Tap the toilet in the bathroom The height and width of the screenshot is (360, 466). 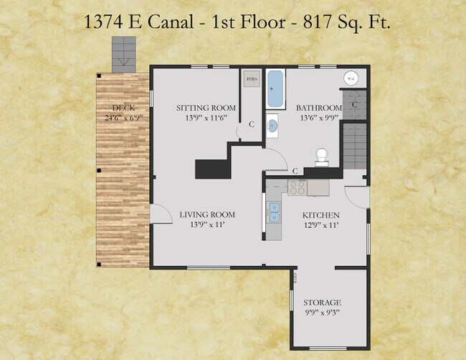click(x=322, y=156)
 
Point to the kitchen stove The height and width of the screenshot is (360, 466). click(x=298, y=187)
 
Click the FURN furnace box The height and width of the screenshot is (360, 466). click(x=252, y=78)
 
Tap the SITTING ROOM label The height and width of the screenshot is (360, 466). click(x=206, y=108)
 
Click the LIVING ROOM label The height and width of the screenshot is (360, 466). click(x=207, y=214)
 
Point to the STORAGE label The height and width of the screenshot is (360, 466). click(x=322, y=303)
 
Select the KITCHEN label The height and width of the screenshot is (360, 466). click(x=320, y=215)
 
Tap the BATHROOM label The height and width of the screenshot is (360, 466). click(x=319, y=108)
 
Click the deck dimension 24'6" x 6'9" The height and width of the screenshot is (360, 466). click(x=123, y=118)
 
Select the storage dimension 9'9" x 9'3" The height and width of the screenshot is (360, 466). click(x=322, y=313)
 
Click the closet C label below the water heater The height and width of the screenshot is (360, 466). click(x=355, y=105)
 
